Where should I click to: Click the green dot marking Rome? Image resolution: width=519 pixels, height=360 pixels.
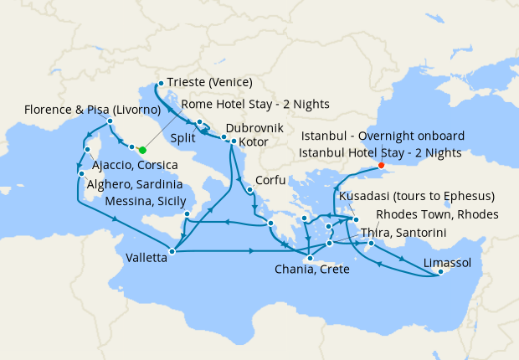coord(142,150)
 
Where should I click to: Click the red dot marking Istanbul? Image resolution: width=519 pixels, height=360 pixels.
coord(381,165)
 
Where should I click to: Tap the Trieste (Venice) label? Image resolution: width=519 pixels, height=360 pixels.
coord(210,82)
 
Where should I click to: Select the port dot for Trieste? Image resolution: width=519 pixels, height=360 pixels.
coord(160,83)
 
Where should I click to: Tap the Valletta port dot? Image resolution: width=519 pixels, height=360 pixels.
coord(171,250)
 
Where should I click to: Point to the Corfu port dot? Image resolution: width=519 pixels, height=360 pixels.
coord(250,190)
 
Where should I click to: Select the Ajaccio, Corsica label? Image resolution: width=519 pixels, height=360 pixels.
coord(135,166)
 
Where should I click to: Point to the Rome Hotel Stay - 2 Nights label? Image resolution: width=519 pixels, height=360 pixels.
coord(254,104)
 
